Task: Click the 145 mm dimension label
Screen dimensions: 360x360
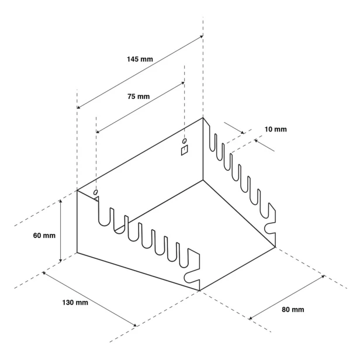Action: pos(140,59)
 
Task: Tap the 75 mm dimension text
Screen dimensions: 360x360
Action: pos(139,96)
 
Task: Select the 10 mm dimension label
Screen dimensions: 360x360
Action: pos(275,129)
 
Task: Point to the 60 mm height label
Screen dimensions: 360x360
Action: pos(44,236)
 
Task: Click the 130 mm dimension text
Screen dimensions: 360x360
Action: pos(75,303)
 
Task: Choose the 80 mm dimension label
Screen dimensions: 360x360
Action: pos(293,310)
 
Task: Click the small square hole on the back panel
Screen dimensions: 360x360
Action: pos(184,150)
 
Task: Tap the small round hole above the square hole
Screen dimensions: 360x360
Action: pos(184,140)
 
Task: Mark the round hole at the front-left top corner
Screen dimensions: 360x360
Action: pos(95,192)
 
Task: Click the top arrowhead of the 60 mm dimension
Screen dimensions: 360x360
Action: pos(61,201)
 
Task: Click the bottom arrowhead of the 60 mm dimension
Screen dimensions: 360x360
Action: pos(61,260)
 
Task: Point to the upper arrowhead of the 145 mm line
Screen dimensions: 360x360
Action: pos(202,36)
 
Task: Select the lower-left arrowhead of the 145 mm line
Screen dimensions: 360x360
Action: pos(78,107)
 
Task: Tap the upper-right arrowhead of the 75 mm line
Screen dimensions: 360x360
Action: pos(183,83)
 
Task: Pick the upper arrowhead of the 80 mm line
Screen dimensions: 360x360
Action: pos(323,276)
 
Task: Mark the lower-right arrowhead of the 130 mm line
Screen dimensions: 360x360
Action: pos(135,325)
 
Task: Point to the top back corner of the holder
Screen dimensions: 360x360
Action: pos(203,118)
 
